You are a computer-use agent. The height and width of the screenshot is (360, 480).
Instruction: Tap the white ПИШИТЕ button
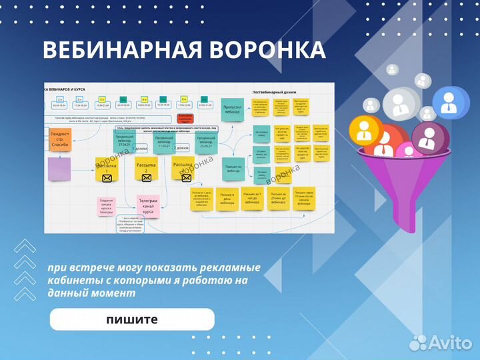(132, 319)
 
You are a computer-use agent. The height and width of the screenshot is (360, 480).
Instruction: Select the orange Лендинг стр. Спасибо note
(59, 141)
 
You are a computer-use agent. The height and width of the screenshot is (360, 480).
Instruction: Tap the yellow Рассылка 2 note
(146, 169)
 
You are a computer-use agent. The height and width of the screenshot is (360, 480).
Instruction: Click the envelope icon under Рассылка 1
(107, 178)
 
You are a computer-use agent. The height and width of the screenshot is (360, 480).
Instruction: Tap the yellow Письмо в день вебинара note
(227, 199)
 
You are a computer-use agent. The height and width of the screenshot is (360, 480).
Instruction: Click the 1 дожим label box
(141, 149)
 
